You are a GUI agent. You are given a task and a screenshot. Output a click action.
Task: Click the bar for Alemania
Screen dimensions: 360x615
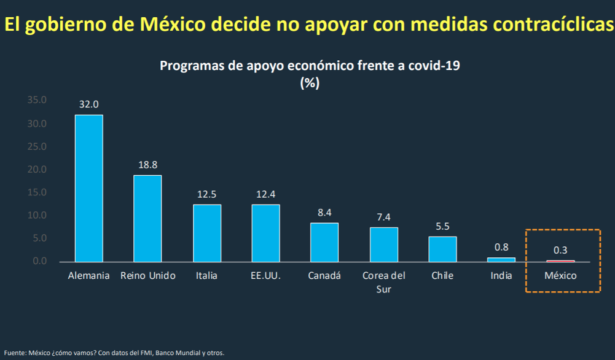tap(89, 188)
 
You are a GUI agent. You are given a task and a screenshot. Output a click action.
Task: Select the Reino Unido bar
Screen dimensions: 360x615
tap(148, 218)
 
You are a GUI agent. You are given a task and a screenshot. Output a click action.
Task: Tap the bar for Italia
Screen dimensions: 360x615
tap(207, 233)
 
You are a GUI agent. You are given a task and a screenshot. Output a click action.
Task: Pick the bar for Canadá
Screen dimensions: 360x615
tap(324, 242)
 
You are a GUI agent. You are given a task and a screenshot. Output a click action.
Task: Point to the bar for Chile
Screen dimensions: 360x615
tap(442, 249)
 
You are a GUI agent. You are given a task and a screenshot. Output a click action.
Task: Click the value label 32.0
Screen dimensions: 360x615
tap(89, 105)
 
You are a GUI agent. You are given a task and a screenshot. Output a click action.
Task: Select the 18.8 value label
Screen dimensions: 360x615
tap(148, 165)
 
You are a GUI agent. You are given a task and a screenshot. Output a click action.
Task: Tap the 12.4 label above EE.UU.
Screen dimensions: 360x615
tap(265, 194)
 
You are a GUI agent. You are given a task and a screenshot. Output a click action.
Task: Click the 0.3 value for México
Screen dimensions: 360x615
tap(560, 251)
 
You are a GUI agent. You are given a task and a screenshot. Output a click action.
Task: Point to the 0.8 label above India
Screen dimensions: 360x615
tap(501, 248)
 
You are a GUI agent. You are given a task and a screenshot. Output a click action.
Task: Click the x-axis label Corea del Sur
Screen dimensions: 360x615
tap(383, 282)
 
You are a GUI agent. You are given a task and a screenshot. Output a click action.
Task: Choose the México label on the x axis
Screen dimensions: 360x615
tap(560, 276)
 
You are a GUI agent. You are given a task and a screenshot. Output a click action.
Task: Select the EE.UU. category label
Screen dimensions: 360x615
tap(265, 276)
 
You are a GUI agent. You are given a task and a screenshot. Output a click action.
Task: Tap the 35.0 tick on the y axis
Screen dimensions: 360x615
tap(37, 100)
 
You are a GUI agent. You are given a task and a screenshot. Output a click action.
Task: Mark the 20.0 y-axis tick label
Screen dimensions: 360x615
tap(37, 170)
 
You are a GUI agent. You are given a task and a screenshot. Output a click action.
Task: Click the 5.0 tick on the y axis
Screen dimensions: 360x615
tap(39, 238)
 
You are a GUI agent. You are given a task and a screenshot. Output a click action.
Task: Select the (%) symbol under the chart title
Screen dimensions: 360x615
tap(309, 83)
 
